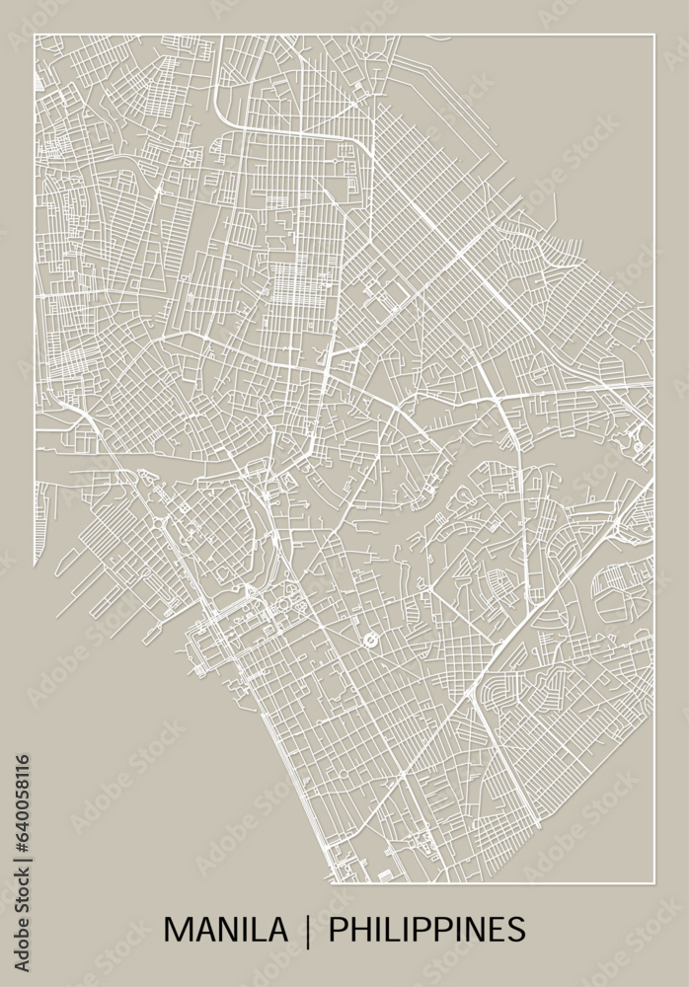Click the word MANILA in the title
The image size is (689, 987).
(x=226, y=929)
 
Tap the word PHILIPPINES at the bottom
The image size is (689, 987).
(x=426, y=929)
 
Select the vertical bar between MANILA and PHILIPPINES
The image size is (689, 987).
(x=308, y=929)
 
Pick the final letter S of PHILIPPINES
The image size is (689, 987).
(x=516, y=929)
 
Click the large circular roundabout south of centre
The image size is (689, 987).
(x=371, y=641)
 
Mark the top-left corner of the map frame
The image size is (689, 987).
(x=36, y=35)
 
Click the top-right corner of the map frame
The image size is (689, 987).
(x=654, y=35)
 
